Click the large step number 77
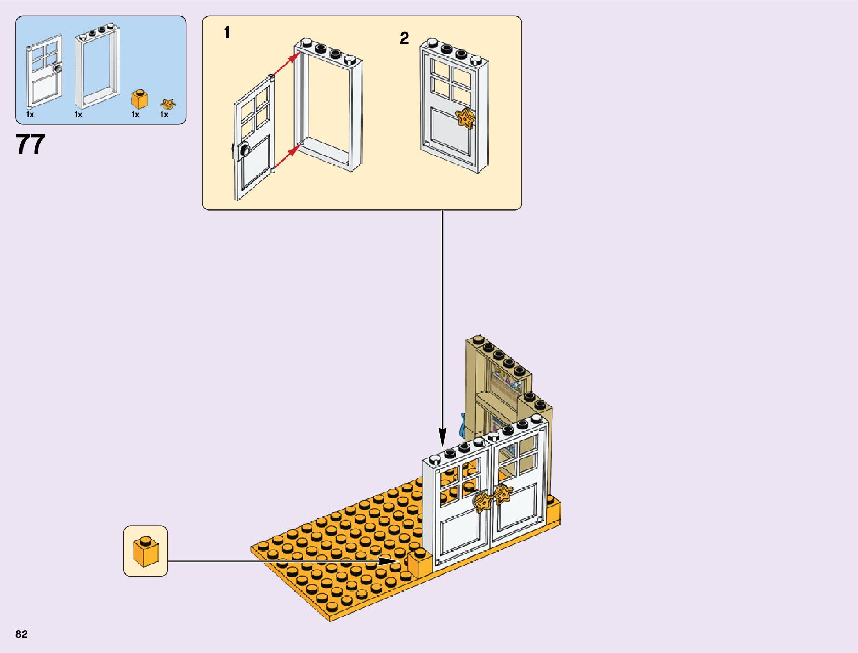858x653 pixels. click(x=30, y=144)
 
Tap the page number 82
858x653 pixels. click(x=21, y=634)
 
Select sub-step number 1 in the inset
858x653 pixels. click(x=226, y=33)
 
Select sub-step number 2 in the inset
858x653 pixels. click(x=404, y=38)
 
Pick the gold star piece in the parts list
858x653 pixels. click(x=168, y=103)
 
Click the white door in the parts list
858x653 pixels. click(x=44, y=71)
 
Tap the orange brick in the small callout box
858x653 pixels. click(x=145, y=551)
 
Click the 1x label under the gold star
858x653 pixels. click(x=164, y=115)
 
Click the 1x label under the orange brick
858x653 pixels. click(x=135, y=115)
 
